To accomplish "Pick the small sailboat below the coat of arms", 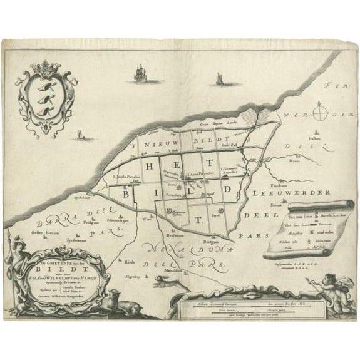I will pyautogui.click(x=80, y=134).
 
